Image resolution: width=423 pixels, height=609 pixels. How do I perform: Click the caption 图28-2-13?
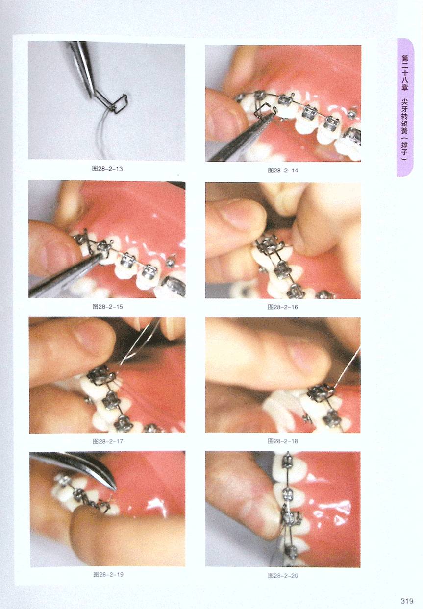point(107,169)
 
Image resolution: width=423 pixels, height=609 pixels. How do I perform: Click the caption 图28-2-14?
point(283,171)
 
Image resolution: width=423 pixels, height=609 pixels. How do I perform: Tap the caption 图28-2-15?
point(107,307)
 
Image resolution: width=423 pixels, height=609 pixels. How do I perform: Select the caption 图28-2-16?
point(283,307)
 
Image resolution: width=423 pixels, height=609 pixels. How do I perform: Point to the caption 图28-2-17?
point(108,441)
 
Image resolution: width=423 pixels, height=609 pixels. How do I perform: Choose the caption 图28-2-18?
point(283,441)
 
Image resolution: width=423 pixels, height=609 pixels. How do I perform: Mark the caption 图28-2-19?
point(108,575)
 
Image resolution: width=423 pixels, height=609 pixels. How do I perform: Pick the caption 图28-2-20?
point(283,576)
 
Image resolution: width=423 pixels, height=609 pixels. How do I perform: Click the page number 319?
point(407,601)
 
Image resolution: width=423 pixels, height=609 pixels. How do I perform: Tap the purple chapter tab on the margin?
point(405,107)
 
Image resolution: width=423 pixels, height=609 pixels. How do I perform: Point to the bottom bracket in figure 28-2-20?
point(291,552)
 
